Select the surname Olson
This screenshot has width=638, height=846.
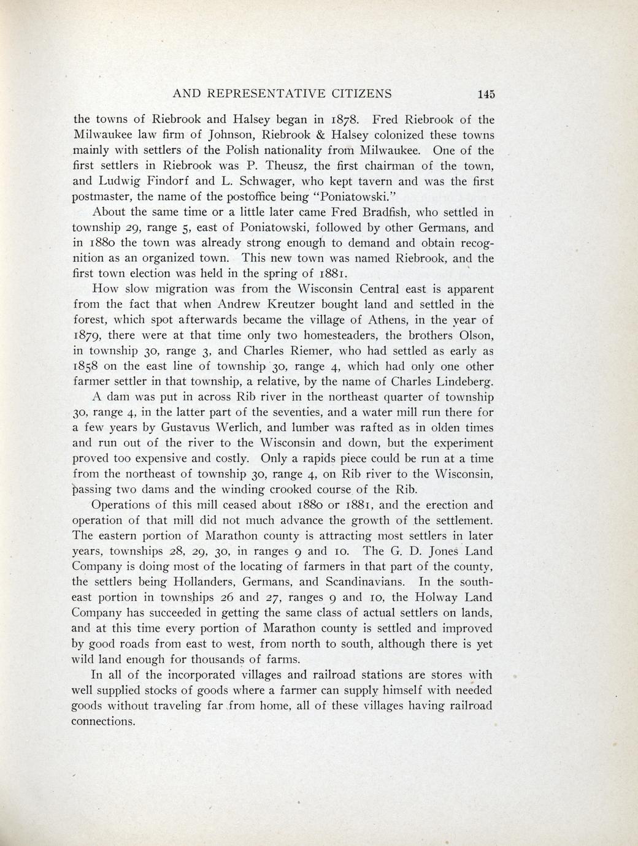point(472,335)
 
